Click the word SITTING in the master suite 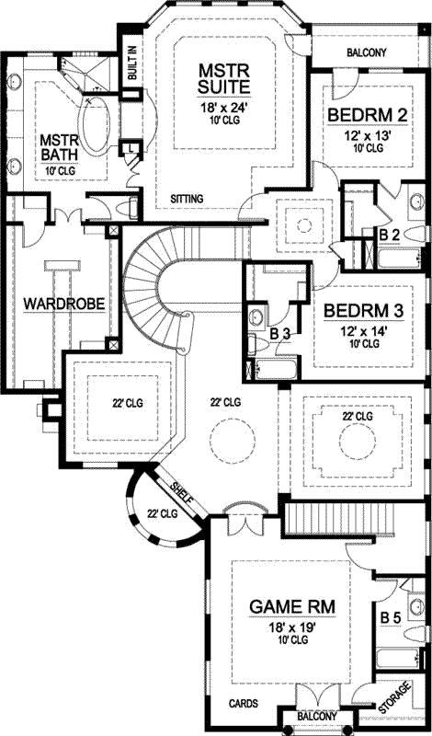(x=188, y=199)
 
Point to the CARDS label (x=243, y=702)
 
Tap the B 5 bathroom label (x=391, y=618)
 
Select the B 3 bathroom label (x=280, y=334)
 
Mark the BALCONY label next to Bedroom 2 (x=366, y=52)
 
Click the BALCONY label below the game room (x=317, y=717)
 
